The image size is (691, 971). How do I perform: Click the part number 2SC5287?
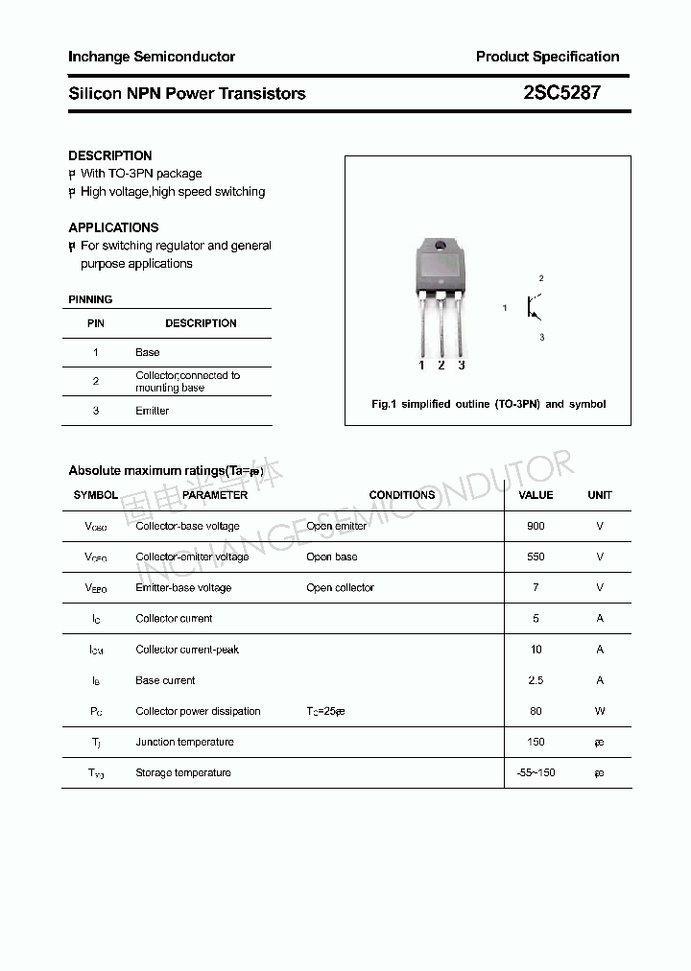561,93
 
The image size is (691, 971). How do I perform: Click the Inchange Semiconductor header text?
152,57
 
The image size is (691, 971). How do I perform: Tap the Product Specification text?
547,57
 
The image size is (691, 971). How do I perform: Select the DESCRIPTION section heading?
110,155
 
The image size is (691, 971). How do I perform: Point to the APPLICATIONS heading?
113,227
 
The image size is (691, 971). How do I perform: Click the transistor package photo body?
441,264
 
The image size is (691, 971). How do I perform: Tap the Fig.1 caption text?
488,404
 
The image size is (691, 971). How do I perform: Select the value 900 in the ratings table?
536,526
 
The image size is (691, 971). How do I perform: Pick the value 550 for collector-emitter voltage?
536,557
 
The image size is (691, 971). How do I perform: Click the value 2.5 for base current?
536,680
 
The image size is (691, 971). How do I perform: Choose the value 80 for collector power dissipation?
536,711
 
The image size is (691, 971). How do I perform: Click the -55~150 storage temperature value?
536,772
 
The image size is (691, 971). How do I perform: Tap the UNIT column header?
600,495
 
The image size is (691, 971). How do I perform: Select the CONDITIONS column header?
402,495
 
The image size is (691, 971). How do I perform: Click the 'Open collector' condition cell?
340,587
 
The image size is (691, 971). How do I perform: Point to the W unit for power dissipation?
600,711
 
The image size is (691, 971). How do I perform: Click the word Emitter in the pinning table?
152,411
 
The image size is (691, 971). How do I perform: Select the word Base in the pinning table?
148,352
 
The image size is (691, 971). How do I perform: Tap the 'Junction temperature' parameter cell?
184,742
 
